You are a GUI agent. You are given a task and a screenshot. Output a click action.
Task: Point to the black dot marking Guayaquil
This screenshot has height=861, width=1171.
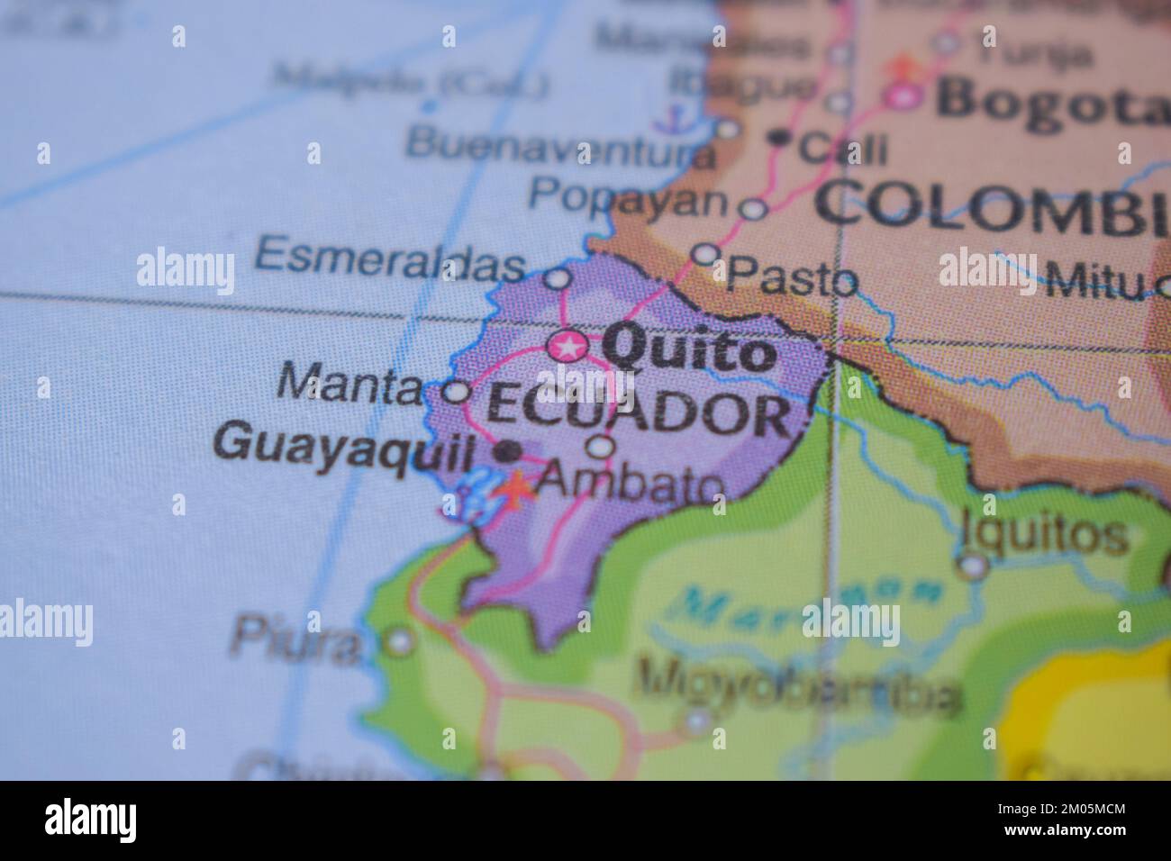coord(509,449)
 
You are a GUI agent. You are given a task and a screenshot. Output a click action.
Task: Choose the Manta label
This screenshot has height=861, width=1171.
coord(349,385)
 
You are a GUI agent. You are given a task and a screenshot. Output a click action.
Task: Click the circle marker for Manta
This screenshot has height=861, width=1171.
coord(457,392)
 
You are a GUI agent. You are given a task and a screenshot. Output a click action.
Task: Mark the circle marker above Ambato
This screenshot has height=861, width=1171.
coord(600,446)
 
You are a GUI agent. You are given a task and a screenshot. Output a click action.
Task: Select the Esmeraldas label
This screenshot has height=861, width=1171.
coord(390,260)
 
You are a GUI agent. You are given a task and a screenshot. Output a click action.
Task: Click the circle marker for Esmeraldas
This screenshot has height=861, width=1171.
coord(558,279)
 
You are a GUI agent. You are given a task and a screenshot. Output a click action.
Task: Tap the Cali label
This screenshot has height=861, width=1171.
coord(843,147)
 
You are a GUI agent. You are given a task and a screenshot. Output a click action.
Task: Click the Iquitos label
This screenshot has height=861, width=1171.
coord(1044,533)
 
